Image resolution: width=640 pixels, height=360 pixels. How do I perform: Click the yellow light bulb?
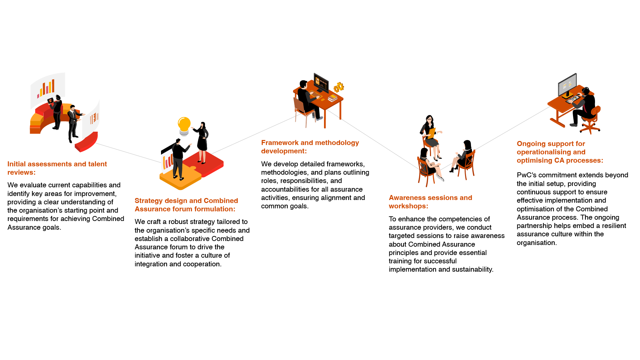(x=184, y=125)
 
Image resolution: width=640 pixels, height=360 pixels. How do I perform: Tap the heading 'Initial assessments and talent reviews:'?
(x=57, y=168)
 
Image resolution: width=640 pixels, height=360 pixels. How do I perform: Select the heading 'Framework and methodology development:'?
(x=310, y=147)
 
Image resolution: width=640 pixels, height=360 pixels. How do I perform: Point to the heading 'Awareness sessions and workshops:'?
(x=430, y=202)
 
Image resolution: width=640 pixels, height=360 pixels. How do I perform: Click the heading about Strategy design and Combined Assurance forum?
(x=186, y=205)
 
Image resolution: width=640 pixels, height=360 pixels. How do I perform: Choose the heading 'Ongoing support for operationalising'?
(x=560, y=152)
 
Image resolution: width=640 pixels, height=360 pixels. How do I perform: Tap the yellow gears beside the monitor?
(x=339, y=87)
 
